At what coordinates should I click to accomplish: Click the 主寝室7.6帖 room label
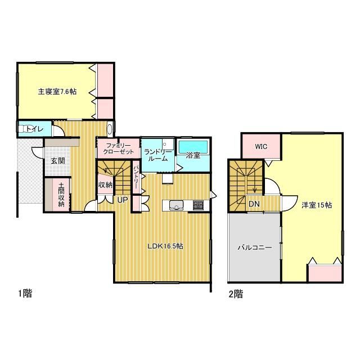(57, 92)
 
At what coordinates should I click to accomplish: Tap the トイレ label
(35, 129)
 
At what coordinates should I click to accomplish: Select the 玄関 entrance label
(57, 161)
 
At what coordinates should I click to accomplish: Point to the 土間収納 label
(61, 195)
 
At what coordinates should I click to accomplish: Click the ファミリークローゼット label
(118, 148)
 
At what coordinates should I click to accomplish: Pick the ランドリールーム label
(157, 155)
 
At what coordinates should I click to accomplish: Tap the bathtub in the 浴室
(193, 146)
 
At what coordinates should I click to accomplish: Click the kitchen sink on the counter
(176, 205)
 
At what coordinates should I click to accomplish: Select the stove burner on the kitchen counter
(198, 205)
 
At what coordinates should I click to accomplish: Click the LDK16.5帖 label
(165, 246)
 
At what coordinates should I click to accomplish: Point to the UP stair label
(123, 200)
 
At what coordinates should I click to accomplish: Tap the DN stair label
(254, 204)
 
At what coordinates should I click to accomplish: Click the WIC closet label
(261, 146)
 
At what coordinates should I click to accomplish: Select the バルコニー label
(255, 247)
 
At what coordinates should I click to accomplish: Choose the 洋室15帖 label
(317, 205)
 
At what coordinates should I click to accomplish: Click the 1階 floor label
(25, 293)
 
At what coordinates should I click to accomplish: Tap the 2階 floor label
(236, 294)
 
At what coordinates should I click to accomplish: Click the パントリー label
(136, 177)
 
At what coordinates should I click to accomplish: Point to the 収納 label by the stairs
(105, 185)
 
